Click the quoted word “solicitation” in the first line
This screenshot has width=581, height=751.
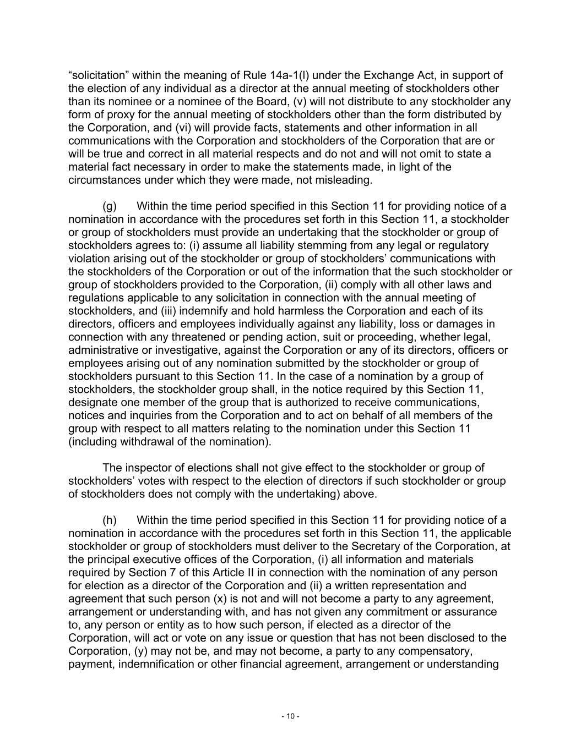[x=98, y=75]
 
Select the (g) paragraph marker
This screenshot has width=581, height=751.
[x=110, y=206]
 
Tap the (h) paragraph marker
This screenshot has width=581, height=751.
[x=110, y=520]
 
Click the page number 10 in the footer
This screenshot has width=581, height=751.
[x=290, y=716]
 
